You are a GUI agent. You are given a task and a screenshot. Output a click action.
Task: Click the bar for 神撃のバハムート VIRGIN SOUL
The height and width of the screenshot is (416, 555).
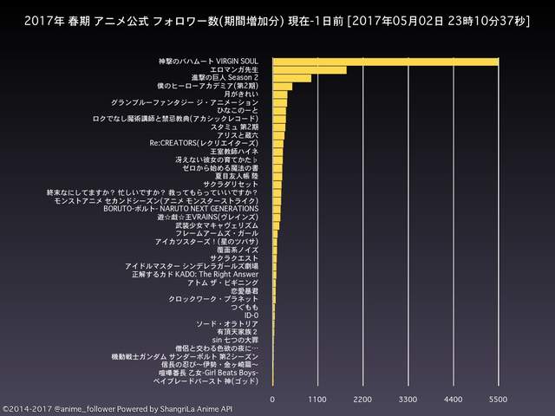386,61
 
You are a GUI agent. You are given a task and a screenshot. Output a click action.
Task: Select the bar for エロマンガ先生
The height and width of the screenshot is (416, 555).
310,69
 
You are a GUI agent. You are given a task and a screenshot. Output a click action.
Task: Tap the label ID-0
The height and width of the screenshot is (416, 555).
251,315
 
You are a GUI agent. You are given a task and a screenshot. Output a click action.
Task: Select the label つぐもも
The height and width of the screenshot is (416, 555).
245,308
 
